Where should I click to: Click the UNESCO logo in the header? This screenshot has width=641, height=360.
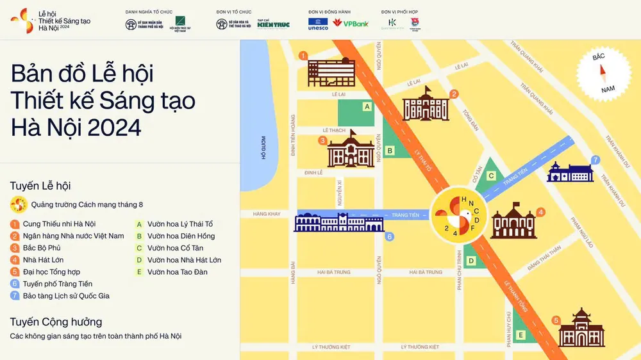click(318, 24)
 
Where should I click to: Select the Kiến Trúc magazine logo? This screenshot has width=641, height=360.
click(273, 24)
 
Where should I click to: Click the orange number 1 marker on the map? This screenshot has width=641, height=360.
click(303, 56)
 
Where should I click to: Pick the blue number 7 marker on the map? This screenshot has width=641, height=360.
click(595, 160)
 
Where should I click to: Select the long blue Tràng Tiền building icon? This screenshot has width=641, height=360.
click(338, 222)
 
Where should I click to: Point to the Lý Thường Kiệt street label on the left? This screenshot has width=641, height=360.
click(331, 347)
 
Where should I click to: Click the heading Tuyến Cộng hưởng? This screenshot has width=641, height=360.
click(56, 322)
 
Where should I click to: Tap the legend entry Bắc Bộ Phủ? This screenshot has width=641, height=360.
click(40, 248)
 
